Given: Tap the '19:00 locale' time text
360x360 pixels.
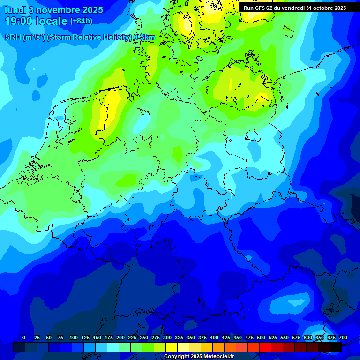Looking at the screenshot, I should (x=36, y=21).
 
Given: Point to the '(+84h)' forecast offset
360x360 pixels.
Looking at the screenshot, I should (x=81, y=21).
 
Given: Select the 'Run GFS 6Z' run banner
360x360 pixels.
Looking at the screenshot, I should (x=295, y=8).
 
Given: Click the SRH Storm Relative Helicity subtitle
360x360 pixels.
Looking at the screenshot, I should (x=80, y=37).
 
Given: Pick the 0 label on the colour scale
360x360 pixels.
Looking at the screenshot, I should (x=23, y=337).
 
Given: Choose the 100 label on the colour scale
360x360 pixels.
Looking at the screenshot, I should (x=74, y=337).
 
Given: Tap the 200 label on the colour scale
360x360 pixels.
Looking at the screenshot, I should (x=120, y=337).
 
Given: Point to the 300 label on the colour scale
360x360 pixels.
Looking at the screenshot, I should (x=167, y=337).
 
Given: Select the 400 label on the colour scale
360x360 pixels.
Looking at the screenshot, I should (x=214, y=337).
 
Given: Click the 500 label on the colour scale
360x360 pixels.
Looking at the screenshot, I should (x=261, y=337).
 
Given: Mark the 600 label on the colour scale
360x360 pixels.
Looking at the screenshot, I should (x=308, y=337).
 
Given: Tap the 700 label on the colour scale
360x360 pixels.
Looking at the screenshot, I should (x=343, y=337).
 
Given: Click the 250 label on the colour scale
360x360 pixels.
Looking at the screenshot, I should (x=144, y=337).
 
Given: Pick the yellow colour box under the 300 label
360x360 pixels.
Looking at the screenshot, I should (x=172, y=347).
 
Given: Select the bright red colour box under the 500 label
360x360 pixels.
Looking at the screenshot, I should (x=265, y=347).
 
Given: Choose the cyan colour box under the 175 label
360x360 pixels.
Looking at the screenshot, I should (x=113, y=347).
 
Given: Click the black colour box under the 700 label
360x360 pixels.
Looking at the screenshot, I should (x=336, y=347).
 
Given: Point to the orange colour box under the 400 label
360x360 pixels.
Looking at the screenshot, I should (x=218, y=347).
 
